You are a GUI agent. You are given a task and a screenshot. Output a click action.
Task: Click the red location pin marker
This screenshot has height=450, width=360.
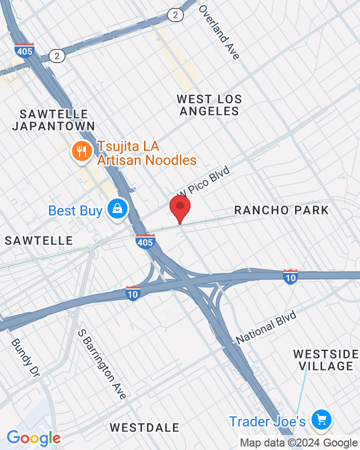point(180,208)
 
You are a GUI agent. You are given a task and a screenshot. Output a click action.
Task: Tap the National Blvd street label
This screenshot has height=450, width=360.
point(266,327)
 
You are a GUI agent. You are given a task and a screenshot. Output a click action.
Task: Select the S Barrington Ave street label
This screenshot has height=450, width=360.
point(102,364)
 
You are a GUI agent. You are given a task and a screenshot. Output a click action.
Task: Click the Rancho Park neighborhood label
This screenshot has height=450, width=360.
point(281,210)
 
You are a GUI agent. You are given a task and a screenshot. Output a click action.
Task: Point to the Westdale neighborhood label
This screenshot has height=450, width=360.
point(144,427)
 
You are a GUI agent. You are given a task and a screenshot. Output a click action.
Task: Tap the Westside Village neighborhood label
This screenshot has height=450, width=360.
point(326,360)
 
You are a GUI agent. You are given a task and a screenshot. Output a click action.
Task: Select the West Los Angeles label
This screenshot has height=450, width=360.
point(209,105)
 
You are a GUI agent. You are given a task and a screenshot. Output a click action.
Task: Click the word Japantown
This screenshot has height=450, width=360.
point(53,126)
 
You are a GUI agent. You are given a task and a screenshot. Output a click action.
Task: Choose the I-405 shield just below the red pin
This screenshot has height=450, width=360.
point(145,241)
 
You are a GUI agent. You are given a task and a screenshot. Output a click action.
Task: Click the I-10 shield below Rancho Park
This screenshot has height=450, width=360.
point(290,276)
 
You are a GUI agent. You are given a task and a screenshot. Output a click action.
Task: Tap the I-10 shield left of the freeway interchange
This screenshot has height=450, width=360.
point(133,293)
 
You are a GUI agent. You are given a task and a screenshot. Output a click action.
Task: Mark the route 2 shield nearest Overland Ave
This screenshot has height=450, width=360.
point(174,15)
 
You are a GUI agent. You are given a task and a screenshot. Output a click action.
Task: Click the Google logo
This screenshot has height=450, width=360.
point(33,438)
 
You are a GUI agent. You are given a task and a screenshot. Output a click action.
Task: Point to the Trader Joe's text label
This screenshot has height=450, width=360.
point(267,421)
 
